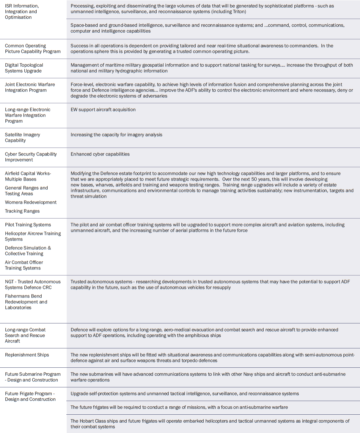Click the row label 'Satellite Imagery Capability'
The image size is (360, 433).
click(x=22, y=138)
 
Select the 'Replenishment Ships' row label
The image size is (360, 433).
click(x=27, y=355)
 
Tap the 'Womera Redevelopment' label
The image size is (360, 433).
click(x=31, y=202)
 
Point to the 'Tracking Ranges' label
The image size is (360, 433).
click(x=22, y=211)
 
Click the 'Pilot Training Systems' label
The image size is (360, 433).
click(x=28, y=225)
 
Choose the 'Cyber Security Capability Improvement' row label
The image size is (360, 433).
click(x=31, y=157)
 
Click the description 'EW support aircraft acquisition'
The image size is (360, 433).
click(x=103, y=110)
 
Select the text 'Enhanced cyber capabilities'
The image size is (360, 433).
click(x=100, y=154)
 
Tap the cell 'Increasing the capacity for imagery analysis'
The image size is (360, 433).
click(x=116, y=135)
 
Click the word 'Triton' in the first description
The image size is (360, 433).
click(x=239, y=12)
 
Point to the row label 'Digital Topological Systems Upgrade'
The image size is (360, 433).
click(x=24, y=68)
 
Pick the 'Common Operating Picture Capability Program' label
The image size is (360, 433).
click(x=33, y=49)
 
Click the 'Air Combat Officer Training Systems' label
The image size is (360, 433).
click(x=24, y=265)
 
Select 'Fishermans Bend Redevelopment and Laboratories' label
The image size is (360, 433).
click(x=26, y=302)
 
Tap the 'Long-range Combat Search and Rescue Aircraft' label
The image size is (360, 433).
click(x=25, y=335)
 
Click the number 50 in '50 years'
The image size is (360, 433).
click(x=254, y=179)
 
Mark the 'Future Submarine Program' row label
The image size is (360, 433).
click(x=33, y=377)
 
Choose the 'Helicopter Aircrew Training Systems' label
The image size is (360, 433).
click(x=33, y=236)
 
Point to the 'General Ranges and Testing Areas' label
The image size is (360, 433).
click(x=26, y=191)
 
